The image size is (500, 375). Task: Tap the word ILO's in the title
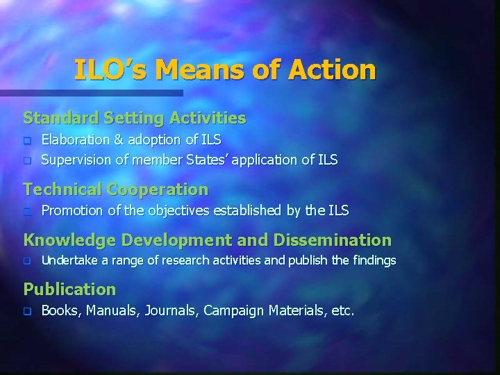pos(111,69)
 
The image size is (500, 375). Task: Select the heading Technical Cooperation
pos(116,189)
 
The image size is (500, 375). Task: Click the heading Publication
pos(69,288)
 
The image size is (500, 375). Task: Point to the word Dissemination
pos(333,240)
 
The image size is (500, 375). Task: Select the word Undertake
pos(67,261)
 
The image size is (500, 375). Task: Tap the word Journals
pos(171,310)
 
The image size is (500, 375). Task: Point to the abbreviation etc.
pos(343,310)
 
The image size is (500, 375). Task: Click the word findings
pos(374,261)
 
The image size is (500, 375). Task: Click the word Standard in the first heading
pos(55,118)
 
